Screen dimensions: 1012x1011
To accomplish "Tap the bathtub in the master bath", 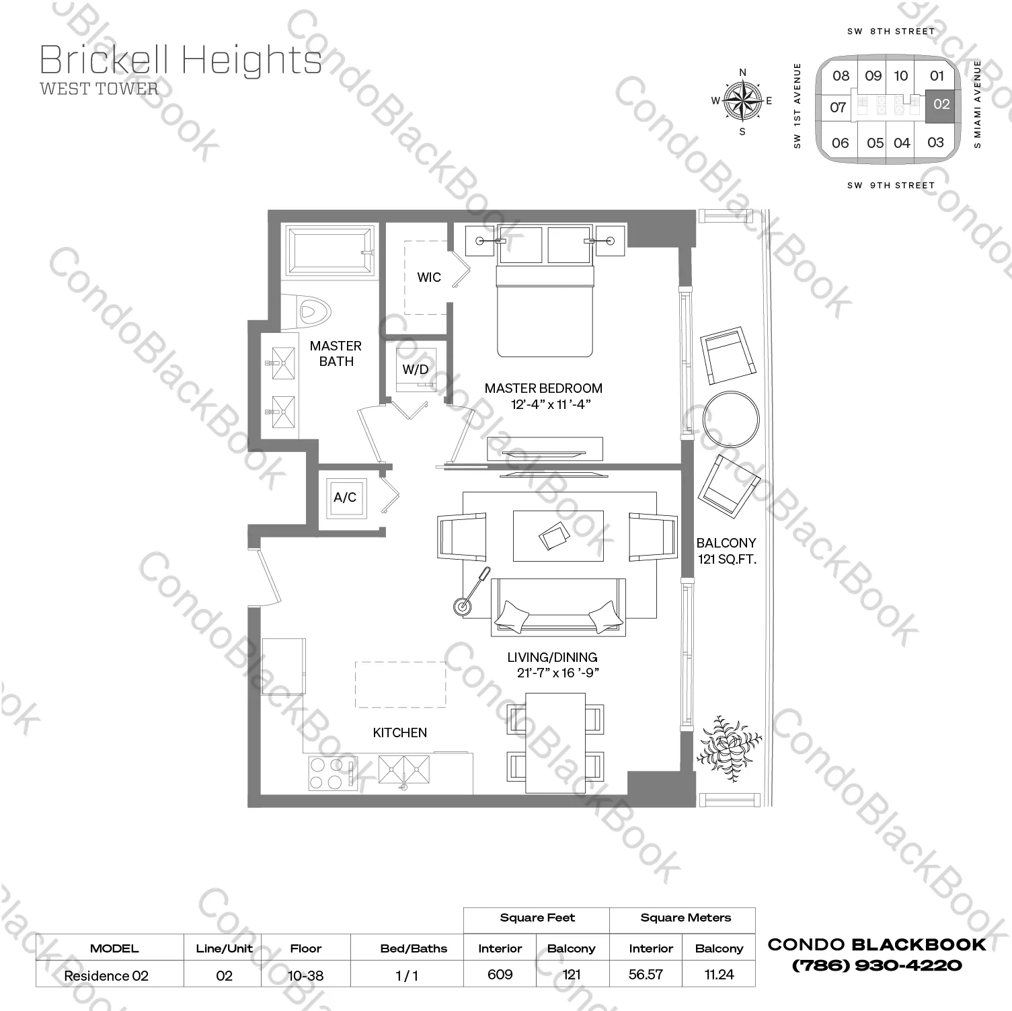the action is [330, 250].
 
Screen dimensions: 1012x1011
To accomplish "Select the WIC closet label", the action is [429, 277].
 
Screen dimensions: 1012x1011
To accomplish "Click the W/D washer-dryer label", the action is [416, 369].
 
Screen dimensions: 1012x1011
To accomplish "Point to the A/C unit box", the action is [345, 498].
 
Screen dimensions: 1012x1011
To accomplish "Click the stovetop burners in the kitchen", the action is [324, 773].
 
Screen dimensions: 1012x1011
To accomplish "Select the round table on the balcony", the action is [730, 418].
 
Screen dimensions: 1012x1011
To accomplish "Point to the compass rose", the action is [742, 102].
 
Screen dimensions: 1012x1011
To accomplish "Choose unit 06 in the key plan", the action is [840, 143].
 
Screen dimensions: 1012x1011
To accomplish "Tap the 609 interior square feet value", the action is [500, 974].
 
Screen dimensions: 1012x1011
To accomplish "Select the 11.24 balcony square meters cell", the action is [719, 974].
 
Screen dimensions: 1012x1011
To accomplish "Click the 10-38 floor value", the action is [305, 975].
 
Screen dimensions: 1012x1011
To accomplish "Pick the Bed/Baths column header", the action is [414, 948].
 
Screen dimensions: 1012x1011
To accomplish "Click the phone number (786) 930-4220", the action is [877, 965].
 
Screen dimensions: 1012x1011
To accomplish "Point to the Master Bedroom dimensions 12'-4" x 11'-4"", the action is [551, 404].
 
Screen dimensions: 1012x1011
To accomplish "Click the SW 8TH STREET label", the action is [891, 31].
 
